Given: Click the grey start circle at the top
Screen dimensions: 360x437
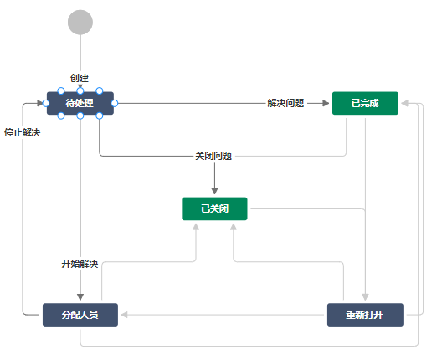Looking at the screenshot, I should point(80,22).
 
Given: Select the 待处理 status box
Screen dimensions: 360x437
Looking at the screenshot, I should point(80,103).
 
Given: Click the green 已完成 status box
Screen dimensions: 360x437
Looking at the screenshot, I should point(365,103).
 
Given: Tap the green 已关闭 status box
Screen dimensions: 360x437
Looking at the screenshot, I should point(214,208).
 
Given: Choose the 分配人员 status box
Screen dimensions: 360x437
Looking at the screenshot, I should point(80,315).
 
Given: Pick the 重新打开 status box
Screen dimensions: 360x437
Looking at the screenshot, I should point(365,315).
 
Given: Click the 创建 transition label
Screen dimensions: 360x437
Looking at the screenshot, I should point(80,77).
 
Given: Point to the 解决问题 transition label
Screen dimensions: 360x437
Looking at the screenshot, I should point(285,103).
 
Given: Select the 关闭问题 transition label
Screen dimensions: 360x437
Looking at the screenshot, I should point(213,156).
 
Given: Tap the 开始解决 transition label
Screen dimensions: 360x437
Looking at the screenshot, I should point(80,264).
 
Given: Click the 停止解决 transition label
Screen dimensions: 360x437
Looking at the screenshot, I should point(23,132).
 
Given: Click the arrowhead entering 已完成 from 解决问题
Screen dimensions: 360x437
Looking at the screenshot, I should point(326,103).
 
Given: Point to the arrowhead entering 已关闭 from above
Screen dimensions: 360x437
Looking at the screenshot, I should point(214,192).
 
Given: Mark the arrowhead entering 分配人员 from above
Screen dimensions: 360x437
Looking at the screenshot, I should point(80,297).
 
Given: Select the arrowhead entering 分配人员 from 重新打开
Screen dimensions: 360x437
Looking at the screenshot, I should point(123,315).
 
